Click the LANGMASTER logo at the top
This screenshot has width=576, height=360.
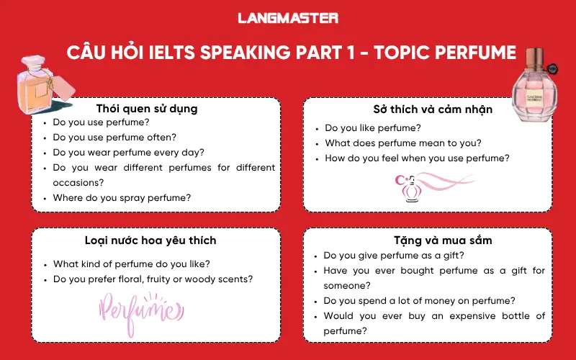[x=287, y=18]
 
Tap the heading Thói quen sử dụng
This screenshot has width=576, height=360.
[x=156, y=109]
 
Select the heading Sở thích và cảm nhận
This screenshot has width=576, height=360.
[x=433, y=109]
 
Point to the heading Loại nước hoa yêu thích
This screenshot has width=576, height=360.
[x=156, y=240]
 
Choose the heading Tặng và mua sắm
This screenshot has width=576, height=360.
[x=433, y=240]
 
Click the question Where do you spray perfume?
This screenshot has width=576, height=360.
[x=122, y=197]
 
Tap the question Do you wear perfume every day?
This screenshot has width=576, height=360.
[x=128, y=152]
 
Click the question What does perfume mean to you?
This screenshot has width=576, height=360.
[x=403, y=143]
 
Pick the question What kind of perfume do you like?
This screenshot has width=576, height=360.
[x=132, y=264]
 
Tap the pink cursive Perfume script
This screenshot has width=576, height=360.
[x=138, y=310]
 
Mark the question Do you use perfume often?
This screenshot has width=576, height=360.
[x=114, y=137]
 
